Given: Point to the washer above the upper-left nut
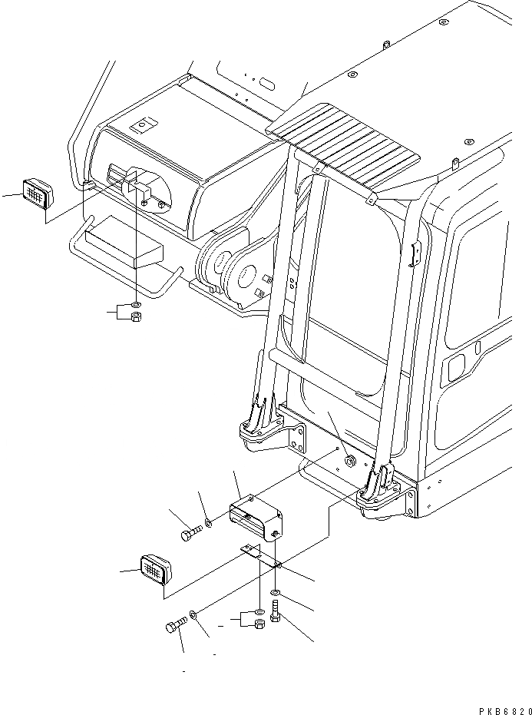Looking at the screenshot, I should [136, 306].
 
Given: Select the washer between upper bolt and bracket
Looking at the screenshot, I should [208, 525].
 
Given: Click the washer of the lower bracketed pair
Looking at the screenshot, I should [260, 611].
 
